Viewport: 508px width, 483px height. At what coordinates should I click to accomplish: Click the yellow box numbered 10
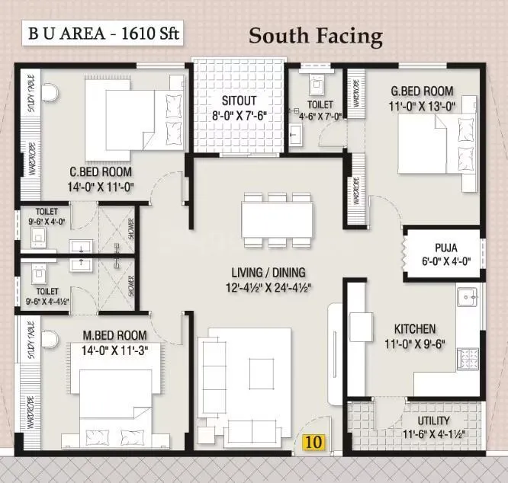pos(312,441)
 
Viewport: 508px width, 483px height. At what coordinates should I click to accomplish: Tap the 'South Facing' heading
pos(315,36)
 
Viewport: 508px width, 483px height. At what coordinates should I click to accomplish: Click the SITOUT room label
pos(239,100)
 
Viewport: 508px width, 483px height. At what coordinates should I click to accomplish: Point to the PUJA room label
pos(446,247)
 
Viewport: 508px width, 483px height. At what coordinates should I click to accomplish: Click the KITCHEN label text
pos(415,328)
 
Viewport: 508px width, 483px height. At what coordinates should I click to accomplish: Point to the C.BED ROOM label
pos(101,171)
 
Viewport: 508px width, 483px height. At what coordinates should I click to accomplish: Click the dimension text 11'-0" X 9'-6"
pos(415,344)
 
